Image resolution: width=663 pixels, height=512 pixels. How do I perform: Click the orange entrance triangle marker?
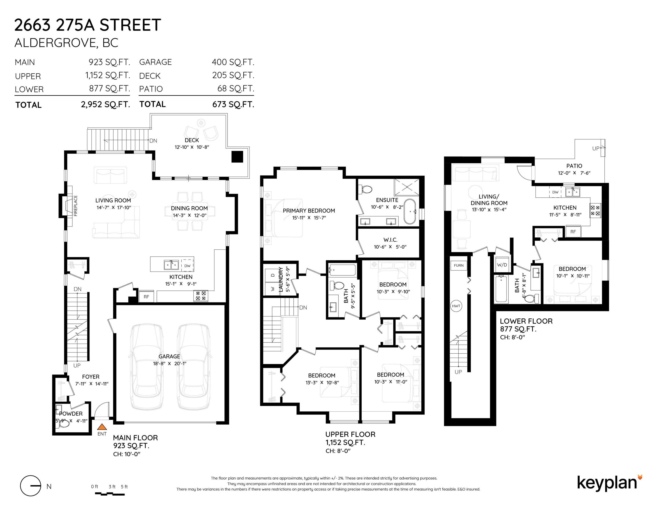pos(102,426)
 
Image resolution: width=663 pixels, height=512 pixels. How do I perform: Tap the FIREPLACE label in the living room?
pos(76,206)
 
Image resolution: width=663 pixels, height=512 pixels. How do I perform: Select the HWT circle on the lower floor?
pos(456,306)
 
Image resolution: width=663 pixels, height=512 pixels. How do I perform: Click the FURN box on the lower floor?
pos(459,265)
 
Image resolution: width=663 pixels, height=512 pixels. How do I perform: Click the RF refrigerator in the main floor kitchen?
pos(146,297)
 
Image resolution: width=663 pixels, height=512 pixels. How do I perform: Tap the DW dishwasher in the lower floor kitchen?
pos(555,192)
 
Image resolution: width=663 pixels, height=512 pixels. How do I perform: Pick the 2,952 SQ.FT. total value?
pos(106,104)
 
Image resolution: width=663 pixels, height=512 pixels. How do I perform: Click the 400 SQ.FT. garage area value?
pos(233,62)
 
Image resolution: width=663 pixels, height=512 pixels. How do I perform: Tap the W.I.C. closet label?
pos(390,240)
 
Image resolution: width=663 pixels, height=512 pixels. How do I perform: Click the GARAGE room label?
pos(169,356)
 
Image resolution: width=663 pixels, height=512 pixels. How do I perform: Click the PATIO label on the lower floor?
pos(574,166)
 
